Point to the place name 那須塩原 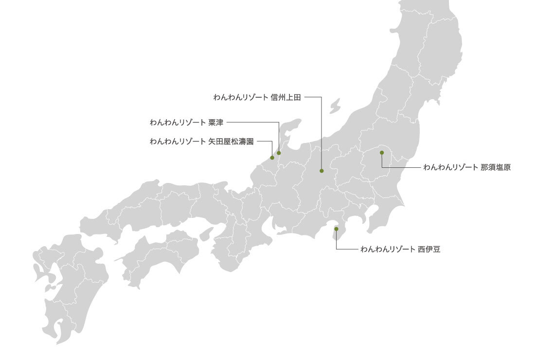(495, 167)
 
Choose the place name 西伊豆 (428, 250)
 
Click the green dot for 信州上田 (321, 171)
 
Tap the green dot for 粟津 (279, 153)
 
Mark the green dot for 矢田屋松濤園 (272, 158)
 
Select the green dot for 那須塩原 (382, 153)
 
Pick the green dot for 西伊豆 (336, 229)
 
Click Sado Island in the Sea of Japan (334, 106)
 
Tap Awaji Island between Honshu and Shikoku (207, 233)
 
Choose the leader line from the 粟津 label (253, 122)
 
